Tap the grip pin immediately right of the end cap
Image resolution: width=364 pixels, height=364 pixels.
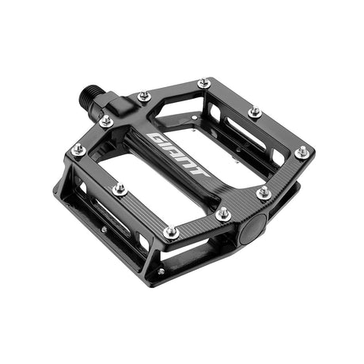[x=264, y=192]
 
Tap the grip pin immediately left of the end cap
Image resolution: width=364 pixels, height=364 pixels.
[x=224, y=214]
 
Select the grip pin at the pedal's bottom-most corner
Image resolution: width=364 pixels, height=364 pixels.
[x=170, y=233]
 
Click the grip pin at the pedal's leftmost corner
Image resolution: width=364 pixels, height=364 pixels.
[x=78, y=149]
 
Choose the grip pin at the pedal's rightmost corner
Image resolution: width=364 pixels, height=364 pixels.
[x=301, y=151]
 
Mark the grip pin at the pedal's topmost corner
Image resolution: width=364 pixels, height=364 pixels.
[x=204, y=82]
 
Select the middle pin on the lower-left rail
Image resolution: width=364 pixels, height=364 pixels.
[x=119, y=189]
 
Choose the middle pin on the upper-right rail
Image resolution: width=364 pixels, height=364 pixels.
[x=254, y=112]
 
